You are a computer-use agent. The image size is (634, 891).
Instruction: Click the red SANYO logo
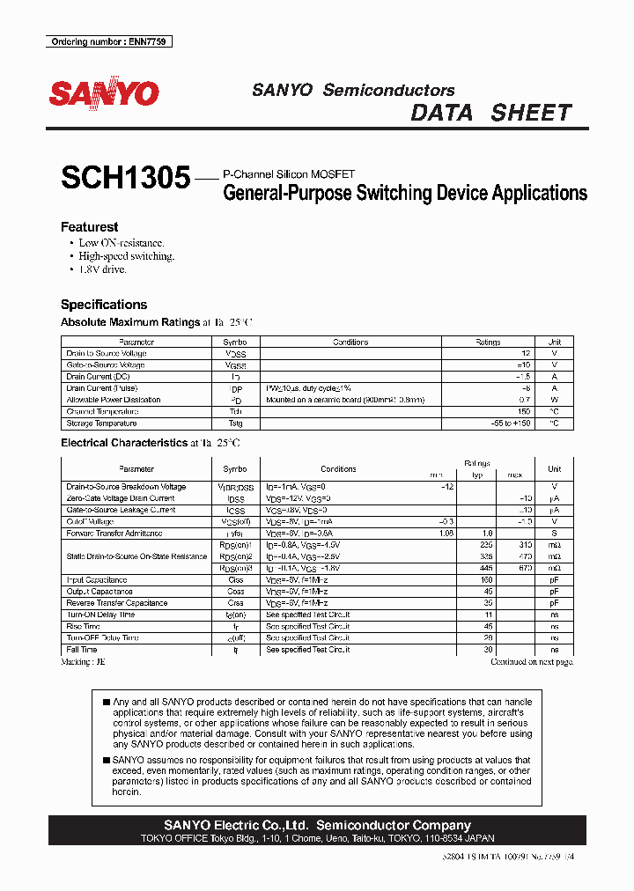104,93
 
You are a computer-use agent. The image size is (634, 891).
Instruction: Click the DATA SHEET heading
491,113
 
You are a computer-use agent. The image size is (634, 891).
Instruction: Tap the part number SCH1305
125,179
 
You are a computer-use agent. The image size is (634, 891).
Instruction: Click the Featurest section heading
89,226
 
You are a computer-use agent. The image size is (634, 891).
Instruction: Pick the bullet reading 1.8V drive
102,269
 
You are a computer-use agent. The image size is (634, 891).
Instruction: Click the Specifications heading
104,305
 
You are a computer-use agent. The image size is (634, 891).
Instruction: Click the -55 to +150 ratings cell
487,423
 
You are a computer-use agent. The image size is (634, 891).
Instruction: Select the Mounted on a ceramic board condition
345,400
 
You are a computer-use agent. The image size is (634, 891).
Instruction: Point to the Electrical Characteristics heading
123,443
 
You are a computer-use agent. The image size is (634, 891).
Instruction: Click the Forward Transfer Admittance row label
114,533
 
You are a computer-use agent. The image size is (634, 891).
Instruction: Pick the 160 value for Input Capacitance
486,580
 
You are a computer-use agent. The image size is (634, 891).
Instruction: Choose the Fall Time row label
81,649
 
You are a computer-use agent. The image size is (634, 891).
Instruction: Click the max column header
514,475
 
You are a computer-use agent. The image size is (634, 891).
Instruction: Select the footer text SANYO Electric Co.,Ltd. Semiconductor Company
317,825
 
